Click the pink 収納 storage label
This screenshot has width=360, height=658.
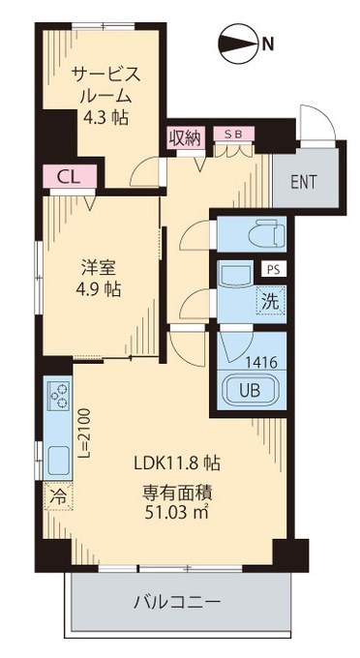pos(185,137)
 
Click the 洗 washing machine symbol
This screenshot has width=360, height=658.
pos(271,301)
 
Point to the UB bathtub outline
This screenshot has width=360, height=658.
pos(249,391)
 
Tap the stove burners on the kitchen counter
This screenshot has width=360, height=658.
pos(54,398)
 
